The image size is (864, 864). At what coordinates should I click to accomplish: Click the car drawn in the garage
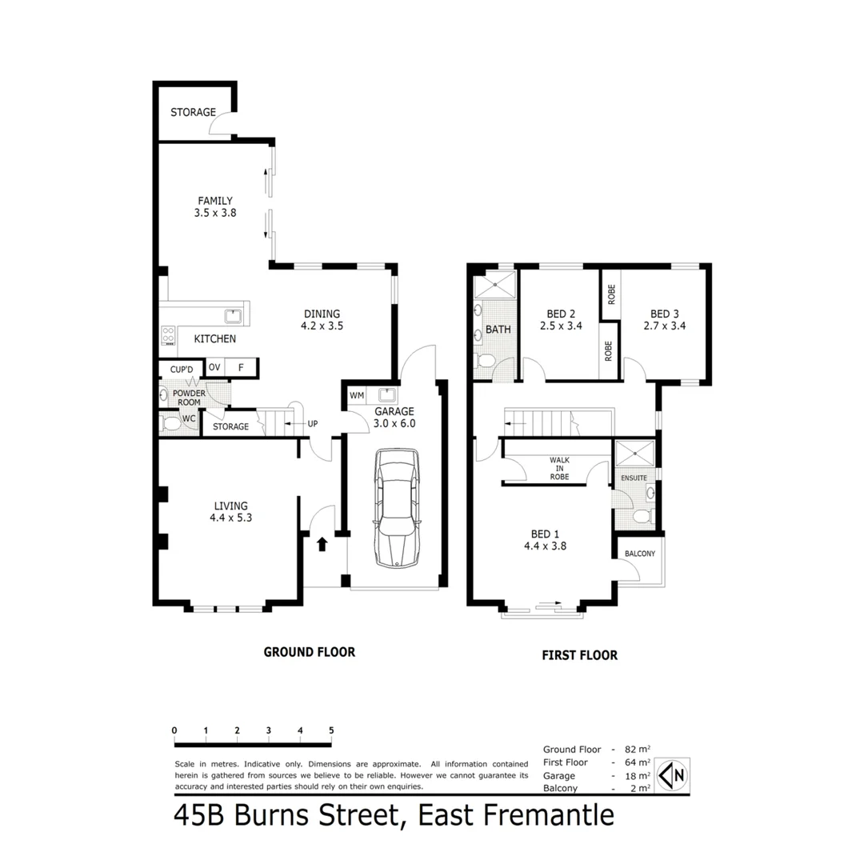pyautogui.click(x=396, y=508)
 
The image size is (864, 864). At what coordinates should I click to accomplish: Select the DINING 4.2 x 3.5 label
pyautogui.click(x=322, y=320)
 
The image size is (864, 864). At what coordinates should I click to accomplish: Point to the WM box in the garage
pyautogui.click(x=356, y=396)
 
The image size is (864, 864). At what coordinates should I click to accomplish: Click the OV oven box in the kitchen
pyautogui.click(x=214, y=367)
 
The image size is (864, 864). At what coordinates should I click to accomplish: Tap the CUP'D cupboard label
pyautogui.click(x=182, y=369)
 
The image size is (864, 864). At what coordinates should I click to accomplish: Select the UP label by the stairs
pyautogui.click(x=312, y=423)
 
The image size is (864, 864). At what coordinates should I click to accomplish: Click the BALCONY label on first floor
pyautogui.click(x=638, y=554)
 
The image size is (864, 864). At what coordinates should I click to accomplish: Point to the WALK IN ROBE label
pyautogui.click(x=559, y=468)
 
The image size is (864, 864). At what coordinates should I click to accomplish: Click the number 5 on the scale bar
pyautogui.click(x=330, y=730)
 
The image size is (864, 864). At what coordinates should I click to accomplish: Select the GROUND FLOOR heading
pyautogui.click(x=309, y=652)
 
